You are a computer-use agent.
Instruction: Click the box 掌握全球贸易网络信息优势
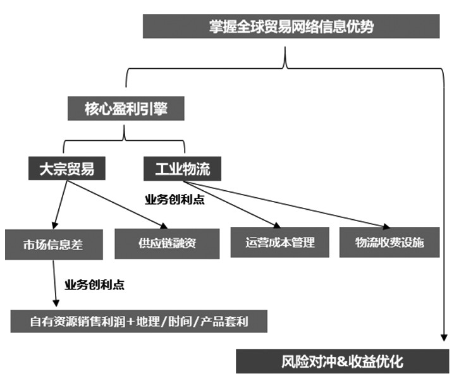(291, 26)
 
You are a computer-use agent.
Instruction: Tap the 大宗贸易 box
(66, 169)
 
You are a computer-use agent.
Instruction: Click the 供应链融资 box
(167, 243)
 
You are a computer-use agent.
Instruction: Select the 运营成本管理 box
(279, 242)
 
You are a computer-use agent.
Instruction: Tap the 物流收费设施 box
(389, 242)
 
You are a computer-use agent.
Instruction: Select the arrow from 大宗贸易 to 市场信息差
(62, 203)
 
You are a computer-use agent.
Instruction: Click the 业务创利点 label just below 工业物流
(174, 200)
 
